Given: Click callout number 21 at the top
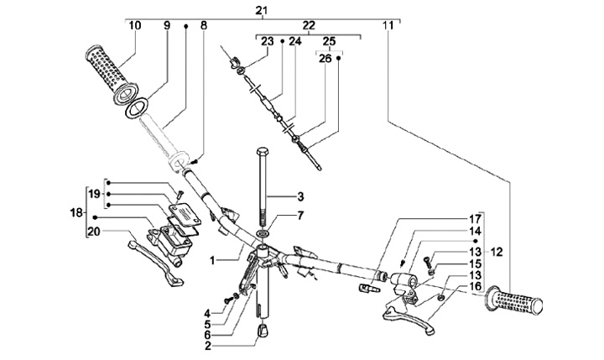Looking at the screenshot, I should pos(262,9).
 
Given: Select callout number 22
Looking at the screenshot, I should pos(308,25).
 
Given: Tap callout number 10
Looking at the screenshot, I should pos(135,25).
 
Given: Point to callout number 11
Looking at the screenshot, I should pos(387,25).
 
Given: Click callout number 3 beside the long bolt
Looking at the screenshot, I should pos(298,196).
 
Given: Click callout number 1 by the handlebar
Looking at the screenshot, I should pos(216,260).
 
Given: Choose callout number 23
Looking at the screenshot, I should pos(267,40).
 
